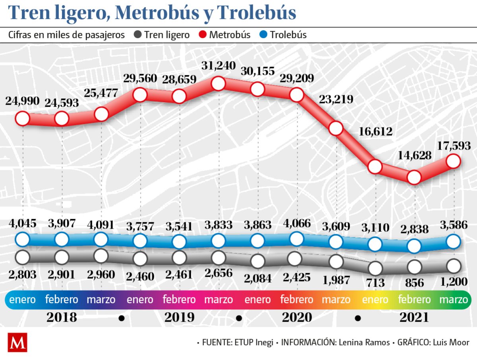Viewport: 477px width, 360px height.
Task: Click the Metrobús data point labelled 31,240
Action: pyautogui.click(x=218, y=84)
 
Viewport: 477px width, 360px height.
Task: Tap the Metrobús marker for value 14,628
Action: pyautogui.click(x=414, y=177)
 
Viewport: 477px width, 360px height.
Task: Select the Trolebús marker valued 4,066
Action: pyautogui.click(x=297, y=239)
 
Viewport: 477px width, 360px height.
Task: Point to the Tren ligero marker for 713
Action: pyautogui.click(x=375, y=269)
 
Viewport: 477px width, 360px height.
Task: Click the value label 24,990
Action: pyautogui.click(x=22, y=101)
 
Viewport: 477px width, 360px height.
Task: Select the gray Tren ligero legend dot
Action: pyautogui.click(x=138, y=35)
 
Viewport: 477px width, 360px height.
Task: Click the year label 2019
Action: pyautogui.click(x=180, y=317)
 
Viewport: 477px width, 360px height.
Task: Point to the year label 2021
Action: pyautogui.click(x=414, y=317)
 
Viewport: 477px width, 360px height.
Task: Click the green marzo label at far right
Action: pyautogui.click(x=453, y=300)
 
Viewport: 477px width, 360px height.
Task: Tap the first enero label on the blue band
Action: pyautogui.click(x=22, y=300)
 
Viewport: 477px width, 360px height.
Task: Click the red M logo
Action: pyautogui.click(x=17, y=342)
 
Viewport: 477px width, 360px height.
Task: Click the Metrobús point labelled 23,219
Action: pyautogui.click(x=336, y=128)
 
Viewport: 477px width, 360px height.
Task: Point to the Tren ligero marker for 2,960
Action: pyautogui.click(x=101, y=256)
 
